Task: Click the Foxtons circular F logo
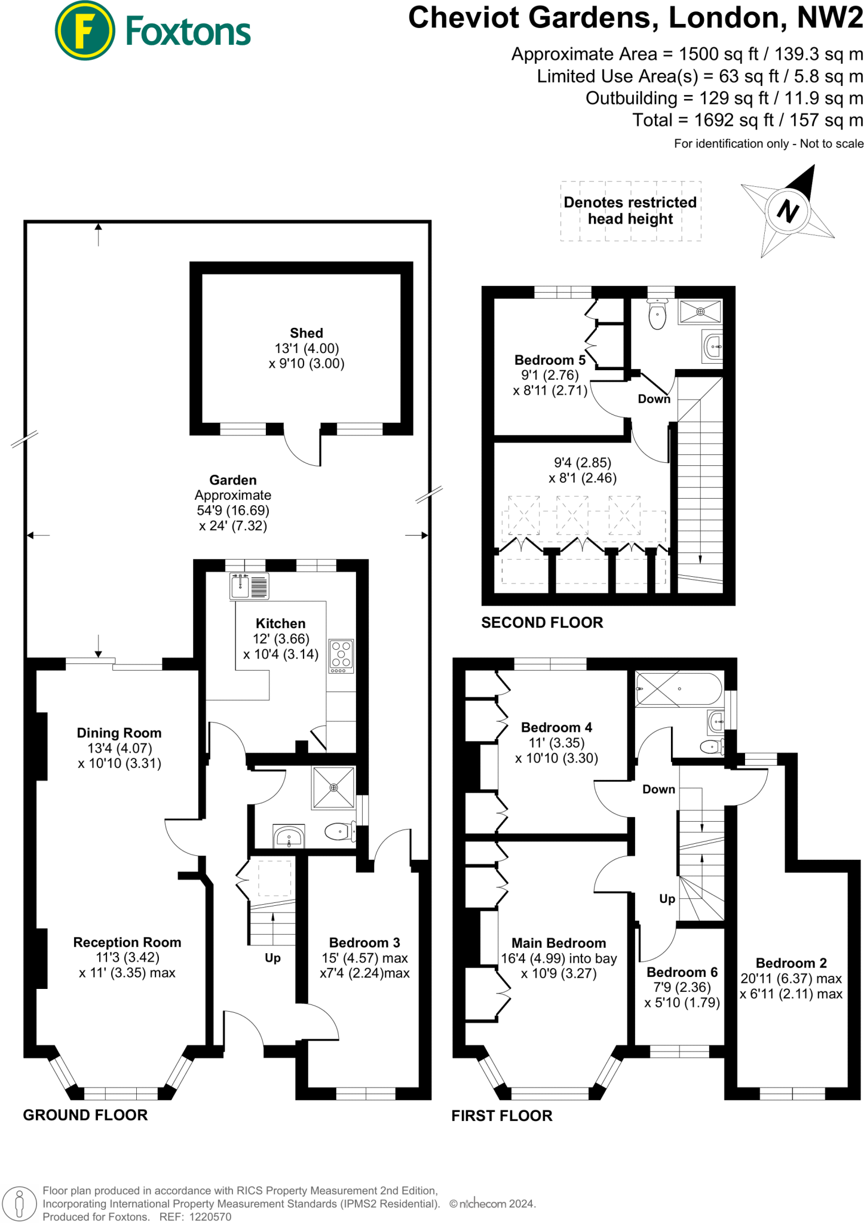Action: point(84,30)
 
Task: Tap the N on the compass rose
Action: point(788,211)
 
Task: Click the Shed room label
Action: point(307,333)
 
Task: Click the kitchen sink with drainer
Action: point(249,586)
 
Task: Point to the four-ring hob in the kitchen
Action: point(341,655)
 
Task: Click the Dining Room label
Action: point(119,733)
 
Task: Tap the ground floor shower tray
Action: point(333,788)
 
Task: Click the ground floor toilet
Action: point(340,831)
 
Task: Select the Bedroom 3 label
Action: point(364,942)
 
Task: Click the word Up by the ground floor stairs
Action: point(272,958)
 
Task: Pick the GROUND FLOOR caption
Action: point(85,1115)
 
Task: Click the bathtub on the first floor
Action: point(679,689)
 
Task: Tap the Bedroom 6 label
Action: point(682,972)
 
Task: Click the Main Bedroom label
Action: point(559,943)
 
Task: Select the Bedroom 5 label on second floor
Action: point(550,360)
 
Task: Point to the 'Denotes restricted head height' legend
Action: point(630,211)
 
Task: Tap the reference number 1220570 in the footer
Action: point(210,1216)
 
